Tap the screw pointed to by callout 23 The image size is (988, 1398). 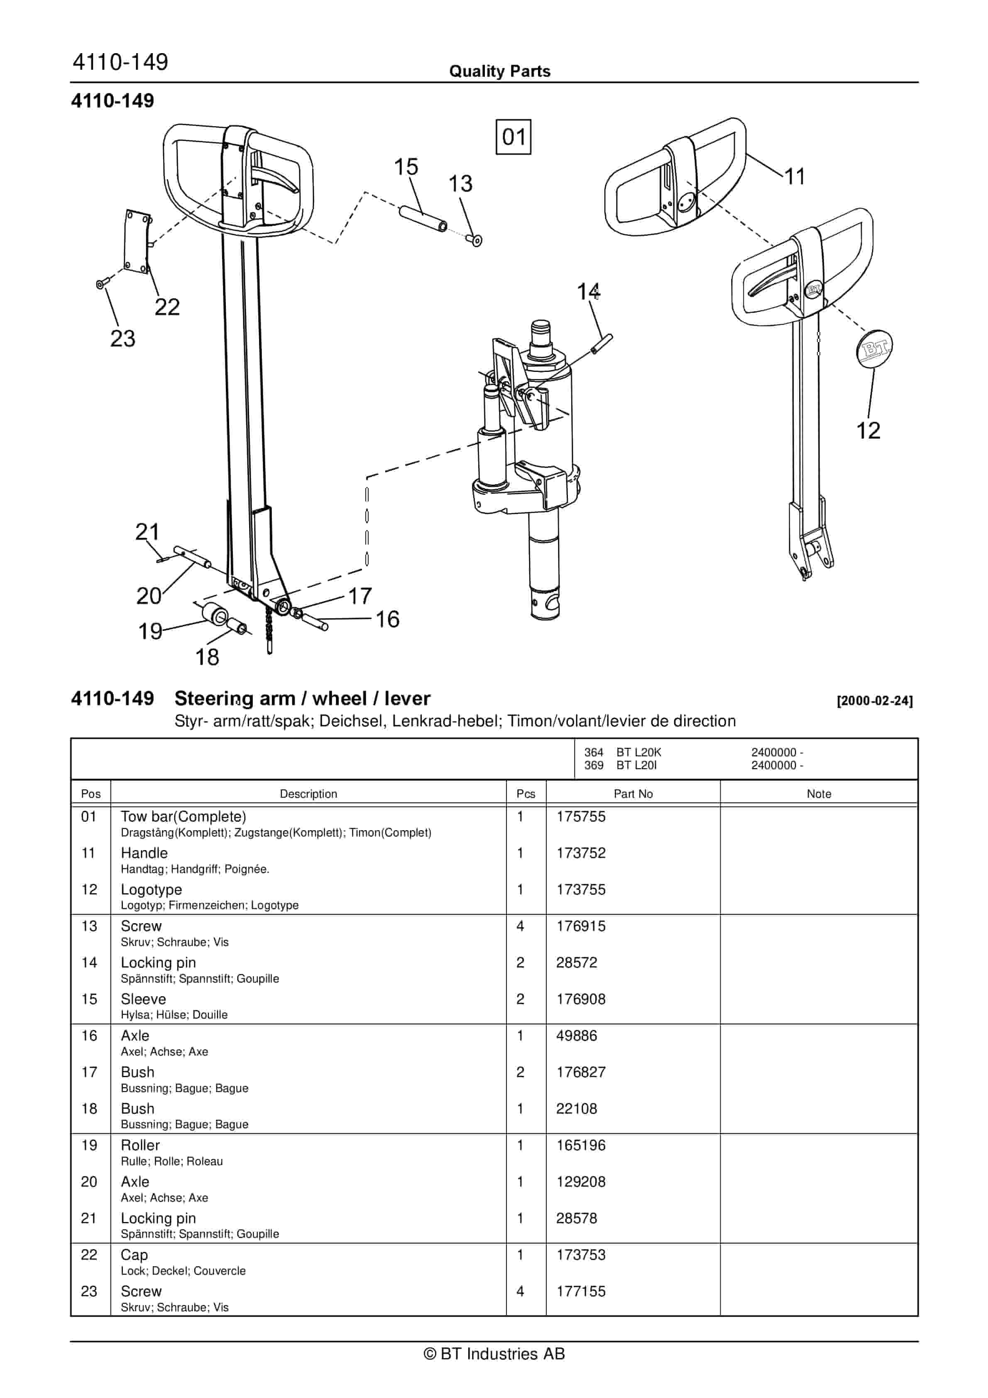pos(102,283)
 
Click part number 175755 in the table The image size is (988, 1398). pos(580,816)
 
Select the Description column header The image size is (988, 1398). pos(308,793)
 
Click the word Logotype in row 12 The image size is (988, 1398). pos(151,890)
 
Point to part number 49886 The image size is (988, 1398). pos(576,1036)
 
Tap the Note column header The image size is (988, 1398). pos(818,793)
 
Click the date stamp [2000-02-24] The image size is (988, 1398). pos(874,701)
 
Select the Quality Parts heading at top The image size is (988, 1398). pos(499,71)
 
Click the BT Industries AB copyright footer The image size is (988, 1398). pos(494,1354)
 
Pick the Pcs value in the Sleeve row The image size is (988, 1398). pos(520,999)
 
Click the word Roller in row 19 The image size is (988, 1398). pos(140,1145)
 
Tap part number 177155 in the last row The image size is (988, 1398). pos(580,1291)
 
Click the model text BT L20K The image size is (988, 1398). pos(638,753)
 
